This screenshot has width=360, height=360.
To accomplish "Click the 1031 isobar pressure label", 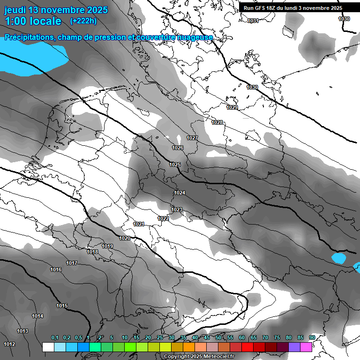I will tap(253, 21).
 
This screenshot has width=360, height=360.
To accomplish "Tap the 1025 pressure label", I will tap(175, 165).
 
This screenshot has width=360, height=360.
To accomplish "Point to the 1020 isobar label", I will tap(125, 238).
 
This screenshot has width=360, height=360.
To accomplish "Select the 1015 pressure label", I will tap(62, 306).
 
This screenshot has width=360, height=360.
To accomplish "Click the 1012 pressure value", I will tap(9, 344).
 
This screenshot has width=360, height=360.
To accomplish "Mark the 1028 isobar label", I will tap(217, 122).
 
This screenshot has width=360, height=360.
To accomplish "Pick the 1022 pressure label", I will tap(163, 218).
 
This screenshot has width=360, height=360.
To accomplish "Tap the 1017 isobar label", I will tap(72, 263).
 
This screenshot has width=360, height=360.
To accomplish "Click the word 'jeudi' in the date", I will tap(15, 9).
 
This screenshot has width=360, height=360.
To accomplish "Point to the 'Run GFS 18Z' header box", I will tap(293, 7).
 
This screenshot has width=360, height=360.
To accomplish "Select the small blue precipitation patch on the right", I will tap(338, 258).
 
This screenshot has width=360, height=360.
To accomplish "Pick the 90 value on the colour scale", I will tap(312, 337).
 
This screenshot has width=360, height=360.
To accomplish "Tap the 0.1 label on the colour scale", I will tap(55, 337).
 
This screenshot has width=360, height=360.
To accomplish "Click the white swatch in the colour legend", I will tap(48, 347).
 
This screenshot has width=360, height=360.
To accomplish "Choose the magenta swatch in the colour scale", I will tap(306, 347).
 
